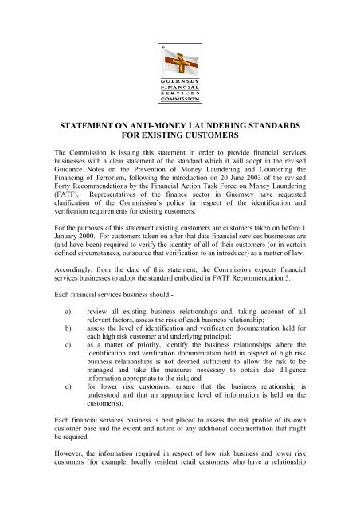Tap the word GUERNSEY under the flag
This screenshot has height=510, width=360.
coord(181,80)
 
